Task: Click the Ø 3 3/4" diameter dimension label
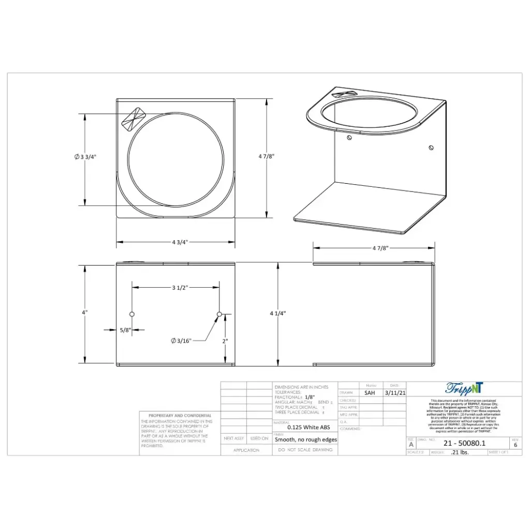click(85, 157)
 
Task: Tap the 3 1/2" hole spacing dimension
click(179, 287)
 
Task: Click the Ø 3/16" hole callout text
click(181, 340)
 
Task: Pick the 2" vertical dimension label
click(225, 341)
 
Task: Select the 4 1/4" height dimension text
click(277, 313)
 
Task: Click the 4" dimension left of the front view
click(84, 312)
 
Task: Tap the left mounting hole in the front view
click(132, 314)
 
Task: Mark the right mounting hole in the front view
click(219, 314)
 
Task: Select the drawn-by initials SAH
click(370, 393)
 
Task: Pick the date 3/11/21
click(394, 393)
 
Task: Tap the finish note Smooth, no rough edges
click(305, 439)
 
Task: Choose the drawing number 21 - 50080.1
click(464, 443)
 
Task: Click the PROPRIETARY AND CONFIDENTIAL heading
click(180, 416)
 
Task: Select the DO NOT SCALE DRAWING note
click(304, 450)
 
